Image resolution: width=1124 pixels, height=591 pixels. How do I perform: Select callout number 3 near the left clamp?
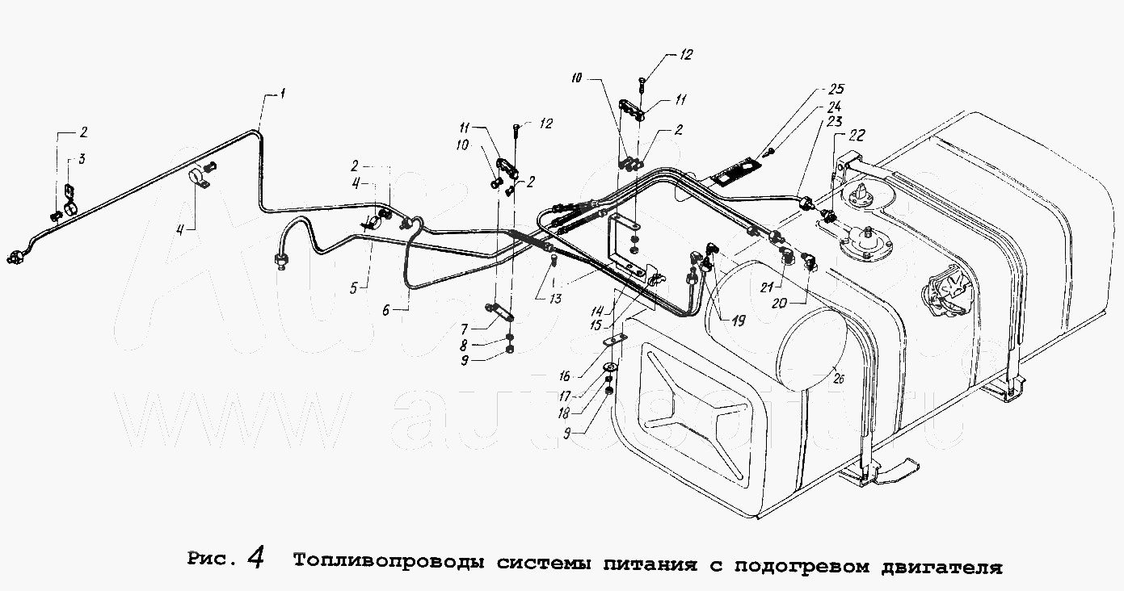82,160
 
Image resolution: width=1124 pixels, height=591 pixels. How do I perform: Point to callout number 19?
738,320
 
